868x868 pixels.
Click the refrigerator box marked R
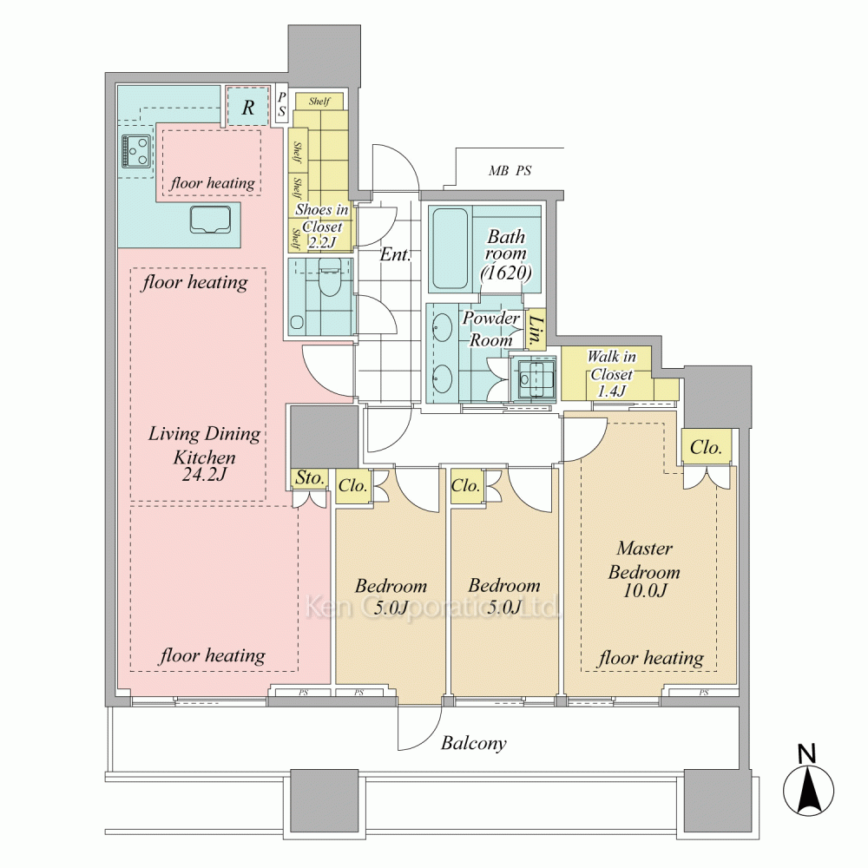[x=247, y=106]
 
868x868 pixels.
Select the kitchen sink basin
[x=210, y=220]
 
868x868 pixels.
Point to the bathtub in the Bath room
[x=450, y=248]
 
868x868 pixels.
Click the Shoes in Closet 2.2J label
[x=321, y=226]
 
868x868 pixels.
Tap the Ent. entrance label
[x=395, y=254]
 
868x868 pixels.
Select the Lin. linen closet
[x=536, y=329]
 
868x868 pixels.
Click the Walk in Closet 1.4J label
[x=611, y=373]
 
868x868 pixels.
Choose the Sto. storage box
[x=310, y=477]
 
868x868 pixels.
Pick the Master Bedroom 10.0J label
[x=644, y=569]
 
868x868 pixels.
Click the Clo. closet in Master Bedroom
[x=707, y=447]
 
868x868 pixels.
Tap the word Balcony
[x=473, y=743]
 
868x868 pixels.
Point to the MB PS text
[x=510, y=170]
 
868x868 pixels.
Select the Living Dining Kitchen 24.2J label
[x=204, y=453]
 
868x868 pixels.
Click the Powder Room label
[x=490, y=328]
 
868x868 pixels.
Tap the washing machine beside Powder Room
[x=533, y=378]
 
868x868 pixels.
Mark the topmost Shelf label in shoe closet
[x=319, y=101]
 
